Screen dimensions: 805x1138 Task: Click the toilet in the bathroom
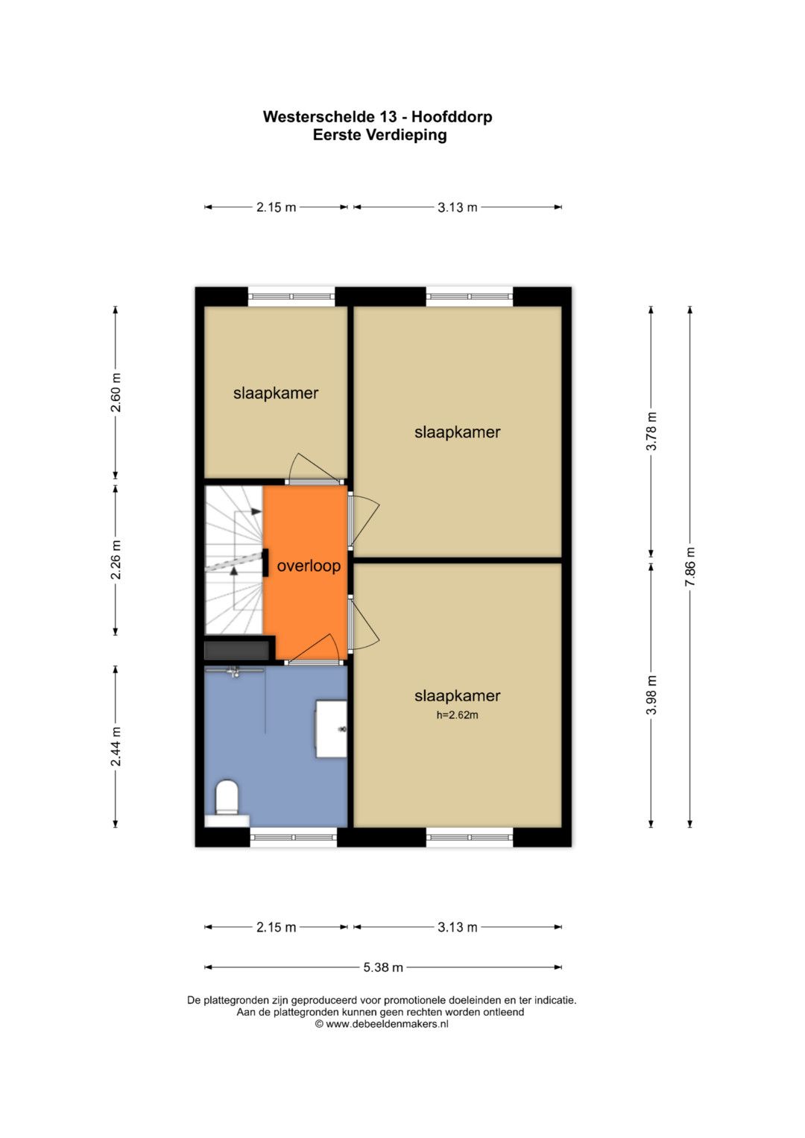click(227, 798)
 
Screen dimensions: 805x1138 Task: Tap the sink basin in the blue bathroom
click(332, 729)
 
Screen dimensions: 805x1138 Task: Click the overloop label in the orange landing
click(309, 566)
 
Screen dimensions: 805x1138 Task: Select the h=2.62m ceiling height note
click(458, 715)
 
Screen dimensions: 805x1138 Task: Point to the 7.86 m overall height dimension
click(689, 566)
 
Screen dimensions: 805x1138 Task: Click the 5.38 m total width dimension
click(382, 967)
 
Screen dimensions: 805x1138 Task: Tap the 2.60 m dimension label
click(116, 392)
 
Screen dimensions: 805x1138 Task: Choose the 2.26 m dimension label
click(116, 560)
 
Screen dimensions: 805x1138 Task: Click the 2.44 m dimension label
click(116, 746)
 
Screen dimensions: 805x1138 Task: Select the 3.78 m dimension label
click(651, 431)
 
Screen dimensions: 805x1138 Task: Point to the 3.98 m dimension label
click(651, 695)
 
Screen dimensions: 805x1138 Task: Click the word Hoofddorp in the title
click(452, 117)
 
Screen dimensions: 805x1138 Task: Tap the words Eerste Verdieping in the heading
click(379, 135)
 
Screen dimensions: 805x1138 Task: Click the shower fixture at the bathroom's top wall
click(234, 671)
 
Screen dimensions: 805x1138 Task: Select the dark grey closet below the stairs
click(237, 651)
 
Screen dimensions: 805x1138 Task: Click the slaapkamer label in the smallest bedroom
click(276, 393)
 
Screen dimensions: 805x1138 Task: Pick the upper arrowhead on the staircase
click(256, 511)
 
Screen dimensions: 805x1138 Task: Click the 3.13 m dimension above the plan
click(458, 207)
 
